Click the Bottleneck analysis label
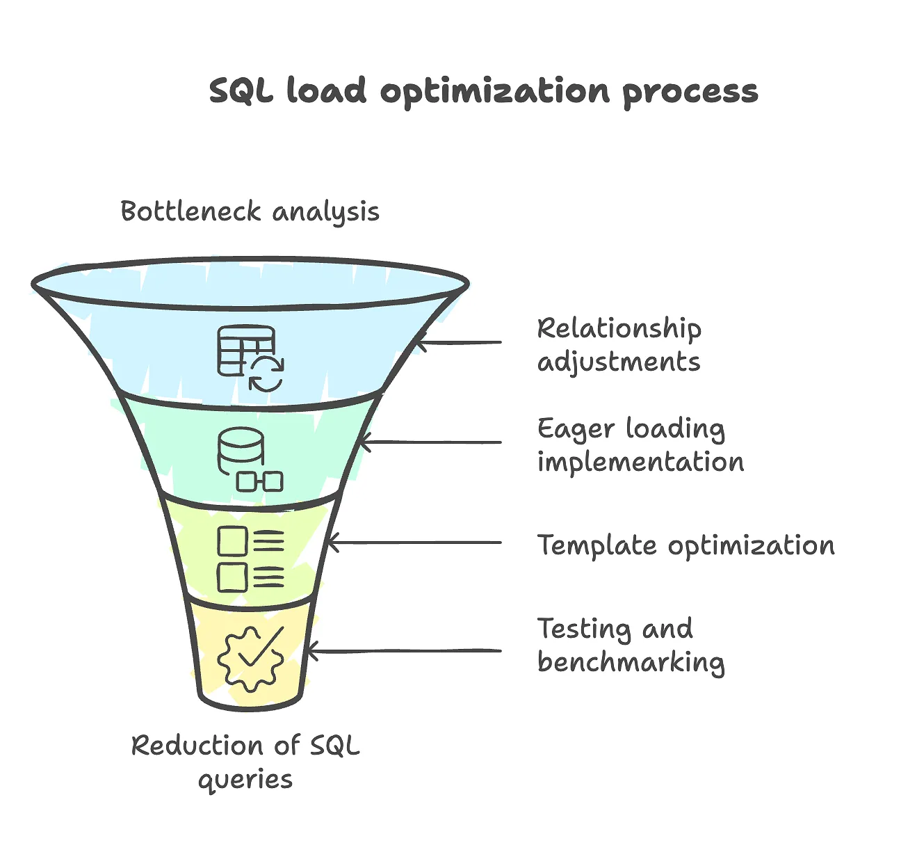click(x=250, y=211)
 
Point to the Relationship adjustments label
click(x=619, y=345)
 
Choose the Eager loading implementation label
click(x=640, y=445)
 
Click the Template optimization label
click(x=685, y=545)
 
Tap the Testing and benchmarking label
click(x=631, y=645)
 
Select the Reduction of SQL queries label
click(x=245, y=762)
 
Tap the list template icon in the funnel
click(x=250, y=559)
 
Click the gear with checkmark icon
click(x=250, y=658)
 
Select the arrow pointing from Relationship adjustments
click(x=459, y=342)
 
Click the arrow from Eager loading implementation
click(x=431, y=442)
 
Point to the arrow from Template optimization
click(x=414, y=543)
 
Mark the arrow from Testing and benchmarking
click(x=403, y=651)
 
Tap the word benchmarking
click(x=631, y=662)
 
